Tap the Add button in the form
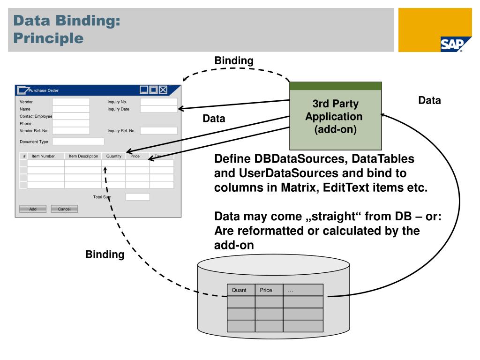coord(33,209)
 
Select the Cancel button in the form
coord(64,209)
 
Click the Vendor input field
coord(71,101)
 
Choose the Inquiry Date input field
coord(159,109)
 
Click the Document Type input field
coord(78,141)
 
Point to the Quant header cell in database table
coord(241,290)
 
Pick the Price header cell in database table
coord(269,290)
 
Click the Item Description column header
coord(83,156)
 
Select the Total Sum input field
coord(138,197)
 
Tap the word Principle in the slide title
coord(49,37)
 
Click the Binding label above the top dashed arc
coord(234,60)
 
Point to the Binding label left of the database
coord(105,255)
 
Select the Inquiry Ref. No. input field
coord(159,131)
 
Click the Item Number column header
coord(44,156)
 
